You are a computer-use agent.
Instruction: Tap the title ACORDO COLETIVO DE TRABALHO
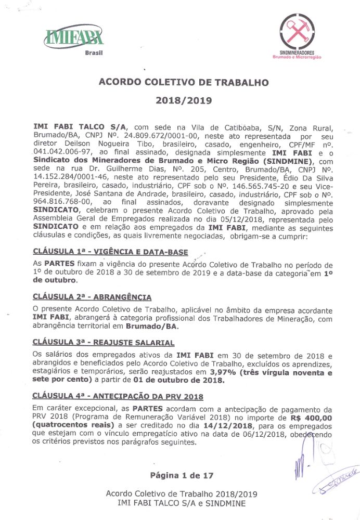[184, 82]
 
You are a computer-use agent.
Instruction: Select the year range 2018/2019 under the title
[184, 100]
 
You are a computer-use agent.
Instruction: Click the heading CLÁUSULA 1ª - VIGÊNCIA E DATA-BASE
[110, 252]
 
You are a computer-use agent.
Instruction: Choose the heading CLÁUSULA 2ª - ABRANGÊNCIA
[92, 297]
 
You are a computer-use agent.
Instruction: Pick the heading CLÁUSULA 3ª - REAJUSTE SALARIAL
[103, 342]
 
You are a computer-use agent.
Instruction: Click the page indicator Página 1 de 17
[181, 475]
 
